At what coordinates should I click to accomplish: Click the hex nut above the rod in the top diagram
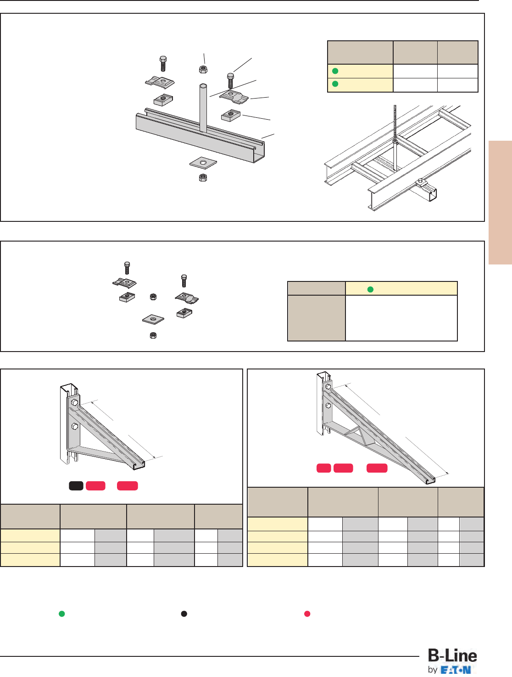pyautogui.click(x=203, y=69)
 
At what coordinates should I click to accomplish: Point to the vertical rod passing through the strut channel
pyautogui.click(x=203, y=108)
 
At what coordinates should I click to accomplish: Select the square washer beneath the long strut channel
pyautogui.click(x=203, y=163)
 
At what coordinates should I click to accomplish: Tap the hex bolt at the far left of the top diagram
pyautogui.click(x=163, y=64)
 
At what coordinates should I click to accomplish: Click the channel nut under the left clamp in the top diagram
pyautogui.click(x=163, y=99)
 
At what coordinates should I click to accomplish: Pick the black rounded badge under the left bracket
pyautogui.click(x=76, y=486)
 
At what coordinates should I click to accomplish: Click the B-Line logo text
pyautogui.click(x=452, y=656)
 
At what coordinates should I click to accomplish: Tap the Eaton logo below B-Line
pyautogui.click(x=456, y=670)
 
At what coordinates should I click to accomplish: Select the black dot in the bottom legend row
pyautogui.click(x=184, y=614)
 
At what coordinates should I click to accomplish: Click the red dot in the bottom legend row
pyautogui.click(x=307, y=614)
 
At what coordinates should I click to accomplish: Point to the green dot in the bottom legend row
pyautogui.click(x=61, y=614)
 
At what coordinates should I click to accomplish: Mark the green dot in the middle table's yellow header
pyautogui.click(x=370, y=289)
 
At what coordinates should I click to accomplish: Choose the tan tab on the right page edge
pyautogui.click(x=500, y=202)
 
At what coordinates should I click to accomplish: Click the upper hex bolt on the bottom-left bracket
pyautogui.click(x=74, y=402)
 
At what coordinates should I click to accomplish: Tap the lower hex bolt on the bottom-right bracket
pyautogui.click(x=328, y=406)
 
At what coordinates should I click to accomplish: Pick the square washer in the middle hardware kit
pyautogui.click(x=153, y=319)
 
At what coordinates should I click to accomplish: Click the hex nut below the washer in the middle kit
pyautogui.click(x=153, y=336)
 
